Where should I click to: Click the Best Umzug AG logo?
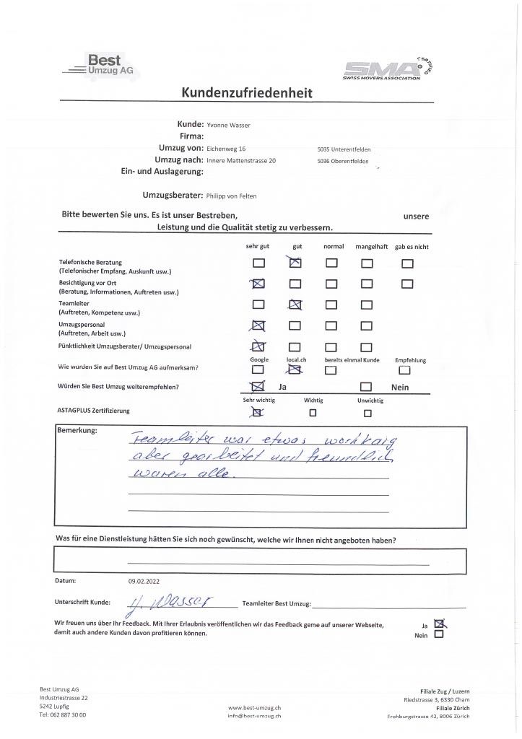(x=101, y=66)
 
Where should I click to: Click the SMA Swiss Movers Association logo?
(x=392, y=69)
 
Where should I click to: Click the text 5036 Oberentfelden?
(x=342, y=162)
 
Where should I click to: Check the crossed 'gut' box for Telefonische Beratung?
(x=295, y=263)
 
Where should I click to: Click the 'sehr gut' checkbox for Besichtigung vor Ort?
(x=258, y=284)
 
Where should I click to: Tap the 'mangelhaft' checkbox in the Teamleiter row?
(x=367, y=305)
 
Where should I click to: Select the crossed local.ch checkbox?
(x=295, y=370)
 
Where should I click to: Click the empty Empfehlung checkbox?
(x=404, y=370)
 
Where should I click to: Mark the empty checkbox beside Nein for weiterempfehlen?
(x=367, y=388)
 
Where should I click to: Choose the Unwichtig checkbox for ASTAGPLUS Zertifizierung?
(x=367, y=414)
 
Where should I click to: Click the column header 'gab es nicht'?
(x=411, y=247)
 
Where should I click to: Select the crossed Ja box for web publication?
(x=439, y=625)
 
